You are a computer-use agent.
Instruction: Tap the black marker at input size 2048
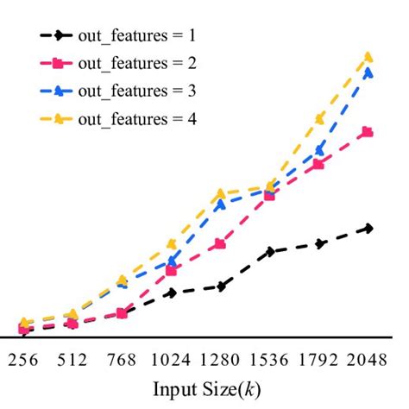[369, 228]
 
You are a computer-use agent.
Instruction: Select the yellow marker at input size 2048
[369, 57]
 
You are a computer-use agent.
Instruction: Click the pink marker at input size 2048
[368, 132]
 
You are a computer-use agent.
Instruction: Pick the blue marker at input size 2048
[368, 73]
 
